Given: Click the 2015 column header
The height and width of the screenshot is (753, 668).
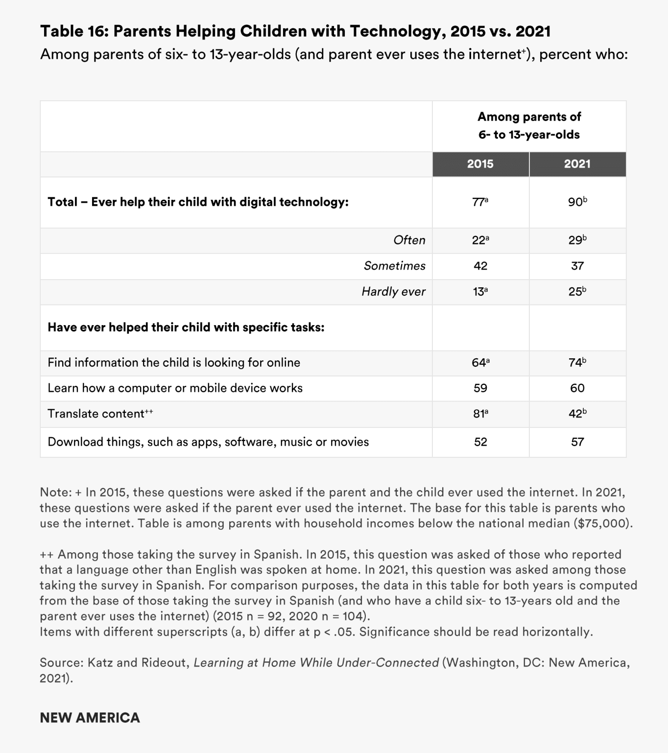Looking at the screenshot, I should click(480, 164).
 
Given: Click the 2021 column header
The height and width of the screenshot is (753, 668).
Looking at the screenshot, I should click(577, 164).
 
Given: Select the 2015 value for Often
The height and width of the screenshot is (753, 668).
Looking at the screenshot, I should click(480, 240).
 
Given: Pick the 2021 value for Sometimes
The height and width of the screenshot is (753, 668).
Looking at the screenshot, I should click(577, 266).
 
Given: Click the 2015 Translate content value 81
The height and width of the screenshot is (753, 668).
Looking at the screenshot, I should click(480, 414).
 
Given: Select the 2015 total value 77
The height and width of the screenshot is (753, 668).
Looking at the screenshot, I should click(480, 202).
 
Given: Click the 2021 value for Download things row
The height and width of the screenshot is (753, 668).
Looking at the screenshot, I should click(577, 442).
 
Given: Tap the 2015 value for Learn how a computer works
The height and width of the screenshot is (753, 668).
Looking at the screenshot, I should click(480, 388).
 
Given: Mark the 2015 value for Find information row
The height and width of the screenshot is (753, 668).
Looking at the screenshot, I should click(480, 363).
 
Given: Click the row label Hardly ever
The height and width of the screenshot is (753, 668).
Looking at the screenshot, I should click(393, 292).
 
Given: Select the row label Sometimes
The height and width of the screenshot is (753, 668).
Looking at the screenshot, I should click(394, 266).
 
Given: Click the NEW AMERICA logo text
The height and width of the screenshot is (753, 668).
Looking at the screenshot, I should click(90, 718).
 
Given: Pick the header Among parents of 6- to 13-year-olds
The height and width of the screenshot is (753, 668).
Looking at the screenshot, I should click(529, 126).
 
